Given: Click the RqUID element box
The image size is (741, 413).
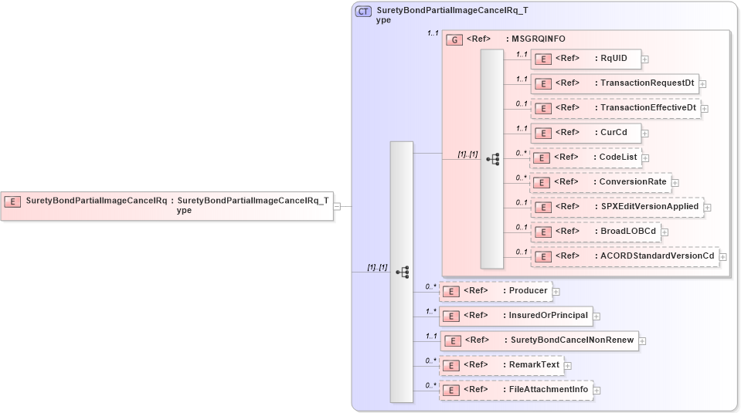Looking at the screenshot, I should click(x=585, y=58).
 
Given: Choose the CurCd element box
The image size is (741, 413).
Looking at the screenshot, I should click(x=585, y=132).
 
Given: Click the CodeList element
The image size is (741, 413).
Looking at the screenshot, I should click(x=585, y=157).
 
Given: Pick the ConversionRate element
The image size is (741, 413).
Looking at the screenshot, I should click(x=600, y=182).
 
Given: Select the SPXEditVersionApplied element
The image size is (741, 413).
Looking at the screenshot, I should click(x=617, y=207).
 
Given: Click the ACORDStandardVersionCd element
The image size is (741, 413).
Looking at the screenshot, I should click(x=624, y=256).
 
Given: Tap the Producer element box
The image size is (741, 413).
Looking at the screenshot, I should click(x=495, y=291).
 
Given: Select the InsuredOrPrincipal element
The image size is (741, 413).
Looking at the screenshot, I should click(x=515, y=316).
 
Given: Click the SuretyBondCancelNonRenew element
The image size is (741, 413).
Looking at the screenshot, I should click(x=539, y=340).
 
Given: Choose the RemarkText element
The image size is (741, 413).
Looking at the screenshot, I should click(x=501, y=365).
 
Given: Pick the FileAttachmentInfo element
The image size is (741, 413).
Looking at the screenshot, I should click(x=516, y=390).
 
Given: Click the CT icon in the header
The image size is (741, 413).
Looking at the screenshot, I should click(x=363, y=12).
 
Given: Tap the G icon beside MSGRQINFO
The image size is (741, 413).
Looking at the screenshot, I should click(x=455, y=39).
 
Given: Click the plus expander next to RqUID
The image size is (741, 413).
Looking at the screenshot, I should click(x=644, y=59).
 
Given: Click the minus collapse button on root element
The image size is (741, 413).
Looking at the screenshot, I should click(x=337, y=206).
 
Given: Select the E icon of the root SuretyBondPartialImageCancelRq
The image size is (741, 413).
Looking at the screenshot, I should click(x=12, y=201).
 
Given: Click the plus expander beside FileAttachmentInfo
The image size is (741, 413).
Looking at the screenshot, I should click(x=597, y=391).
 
